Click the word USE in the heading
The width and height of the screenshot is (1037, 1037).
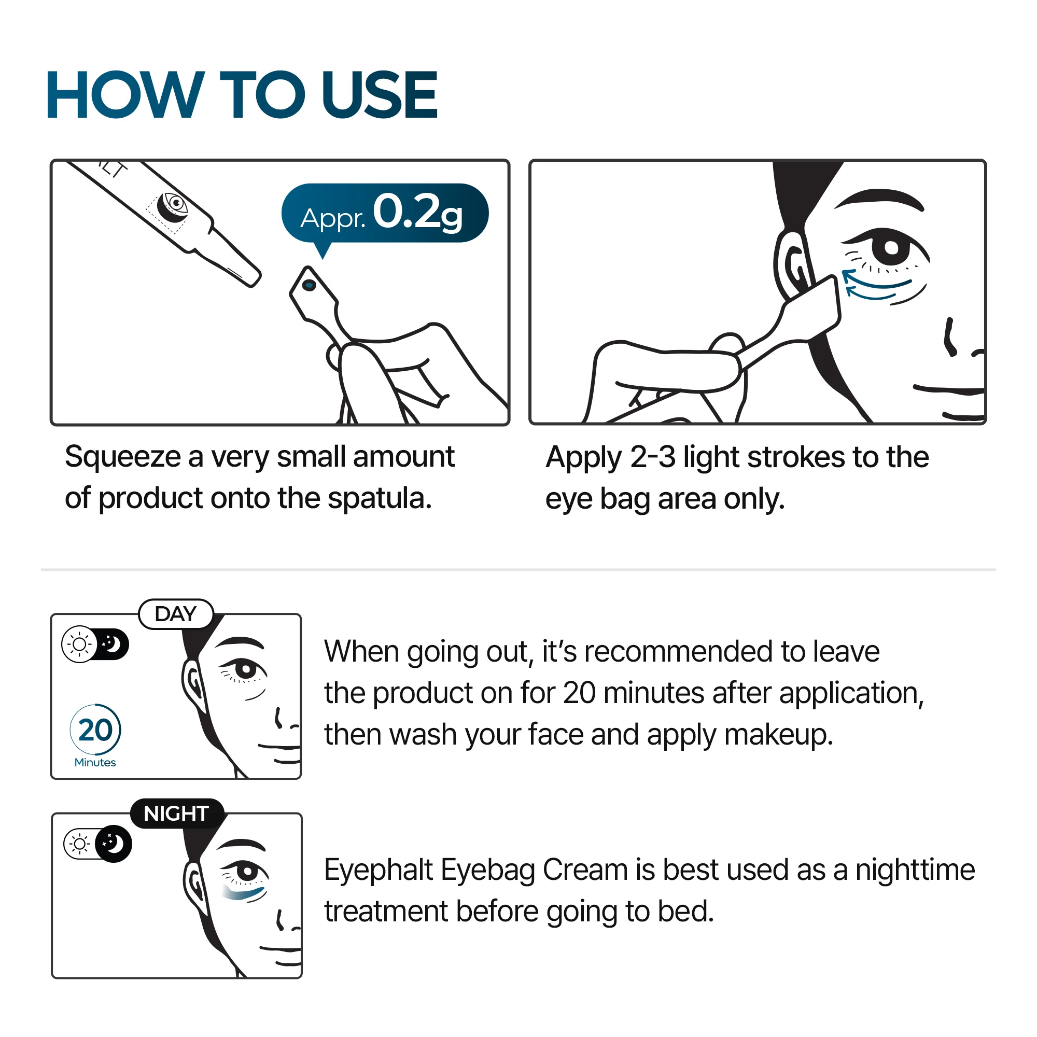pos(379,95)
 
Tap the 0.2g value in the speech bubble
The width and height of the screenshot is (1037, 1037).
pos(417,213)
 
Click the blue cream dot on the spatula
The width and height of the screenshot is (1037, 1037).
pos(309,285)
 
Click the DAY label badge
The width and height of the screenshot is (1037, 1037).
pos(176,614)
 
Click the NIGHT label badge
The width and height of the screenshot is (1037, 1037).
pos(176,814)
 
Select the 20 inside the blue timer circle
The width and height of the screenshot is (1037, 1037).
pos(95,731)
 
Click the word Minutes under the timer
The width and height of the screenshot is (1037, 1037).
pos(95,763)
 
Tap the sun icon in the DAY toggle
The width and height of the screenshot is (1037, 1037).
pos(79,644)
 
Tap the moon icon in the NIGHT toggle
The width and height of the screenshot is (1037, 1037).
pos(113,844)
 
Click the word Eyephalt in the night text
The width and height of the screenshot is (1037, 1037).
pos(378,870)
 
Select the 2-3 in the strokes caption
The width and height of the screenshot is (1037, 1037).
pos(652,457)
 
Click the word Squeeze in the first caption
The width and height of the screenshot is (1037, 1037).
pos(122,457)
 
